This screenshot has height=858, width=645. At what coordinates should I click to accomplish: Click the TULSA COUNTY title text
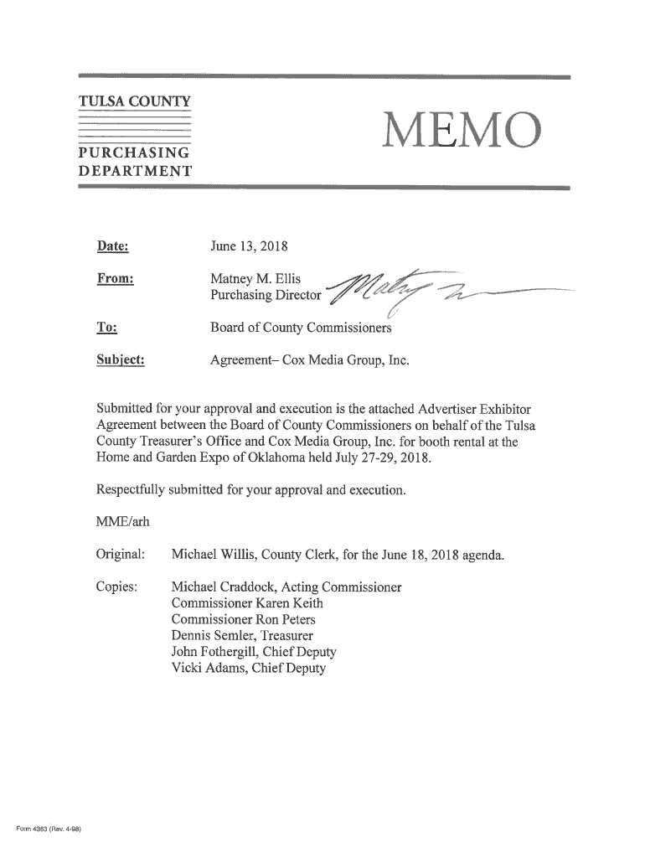(x=134, y=102)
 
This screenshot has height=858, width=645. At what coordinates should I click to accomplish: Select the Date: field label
(x=112, y=246)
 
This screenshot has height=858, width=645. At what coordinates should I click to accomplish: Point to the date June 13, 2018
(x=249, y=246)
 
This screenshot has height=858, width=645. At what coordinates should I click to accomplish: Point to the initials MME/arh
(x=123, y=523)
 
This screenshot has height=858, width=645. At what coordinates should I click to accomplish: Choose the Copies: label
(x=117, y=587)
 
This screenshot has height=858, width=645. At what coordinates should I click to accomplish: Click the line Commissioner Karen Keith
(x=246, y=603)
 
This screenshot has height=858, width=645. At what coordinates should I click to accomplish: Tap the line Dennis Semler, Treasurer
(x=243, y=636)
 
